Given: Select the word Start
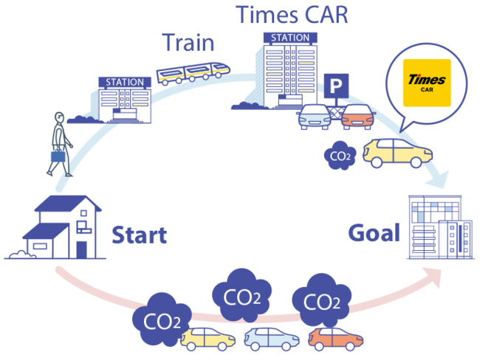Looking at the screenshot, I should click(x=139, y=235).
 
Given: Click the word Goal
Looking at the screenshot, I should click(x=374, y=233).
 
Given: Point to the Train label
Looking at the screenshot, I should click(x=188, y=44).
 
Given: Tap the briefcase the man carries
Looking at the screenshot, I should click(x=58, y=156).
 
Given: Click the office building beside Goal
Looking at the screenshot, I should click(x=436, y=226).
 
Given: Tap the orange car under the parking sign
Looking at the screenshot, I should click(x=355, y=117).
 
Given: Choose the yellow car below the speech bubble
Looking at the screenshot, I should click(x=397, y=152).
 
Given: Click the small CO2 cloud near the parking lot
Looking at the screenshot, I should click(x=340, y=155).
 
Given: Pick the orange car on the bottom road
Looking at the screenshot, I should click(x=335, y=338).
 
